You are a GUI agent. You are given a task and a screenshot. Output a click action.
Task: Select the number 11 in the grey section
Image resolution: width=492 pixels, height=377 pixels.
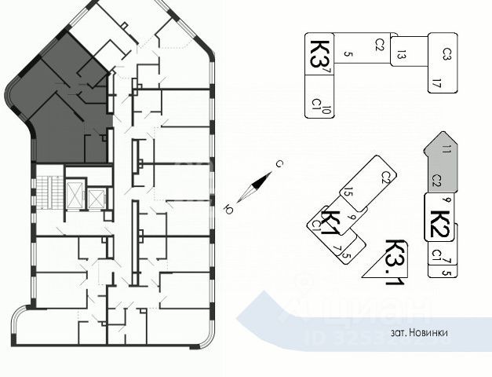[x=446, y=148]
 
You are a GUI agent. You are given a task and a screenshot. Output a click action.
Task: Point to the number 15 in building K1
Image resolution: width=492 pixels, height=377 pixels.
[x=348, y=193]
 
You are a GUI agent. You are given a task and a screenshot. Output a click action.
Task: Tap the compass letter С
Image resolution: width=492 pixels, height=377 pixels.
[x=279, y=164]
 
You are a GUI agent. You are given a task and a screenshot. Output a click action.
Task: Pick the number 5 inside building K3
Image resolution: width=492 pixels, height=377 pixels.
[x=348, y=54]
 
